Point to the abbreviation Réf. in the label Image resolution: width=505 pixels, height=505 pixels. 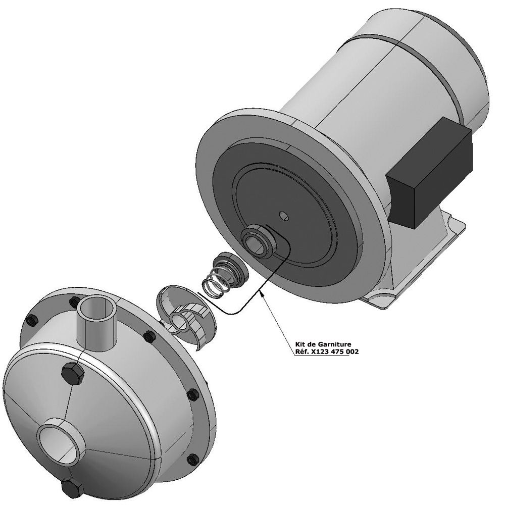301,351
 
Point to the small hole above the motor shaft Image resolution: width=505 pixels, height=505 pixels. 284,216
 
